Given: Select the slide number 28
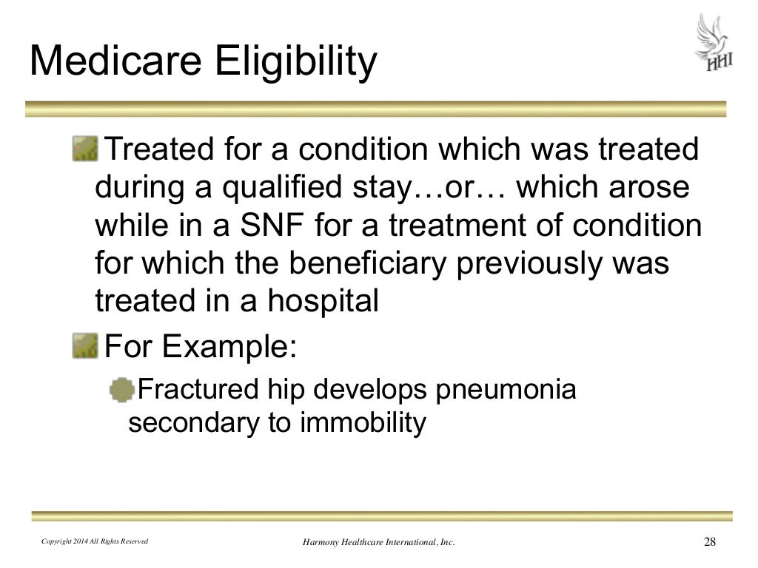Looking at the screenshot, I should [709, 542].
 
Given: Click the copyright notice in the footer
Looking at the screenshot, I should [94, 542].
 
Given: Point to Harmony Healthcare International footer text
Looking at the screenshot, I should [378, 543].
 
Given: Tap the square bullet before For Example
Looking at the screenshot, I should [85, 344].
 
